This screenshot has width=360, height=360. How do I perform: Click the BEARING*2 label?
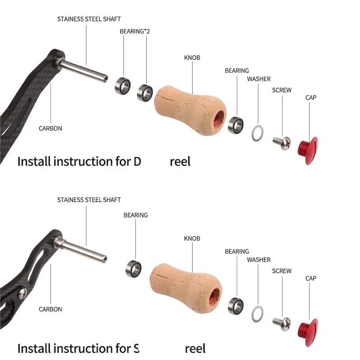pos(135,31)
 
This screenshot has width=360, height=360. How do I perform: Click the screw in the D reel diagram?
pos(282,143)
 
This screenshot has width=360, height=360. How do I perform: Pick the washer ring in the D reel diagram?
pos(256,133)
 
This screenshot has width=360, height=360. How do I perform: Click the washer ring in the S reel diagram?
pos(257,314)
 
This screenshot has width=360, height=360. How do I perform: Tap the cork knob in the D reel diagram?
pos(189,110)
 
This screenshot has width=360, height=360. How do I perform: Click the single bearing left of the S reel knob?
pos(134,268)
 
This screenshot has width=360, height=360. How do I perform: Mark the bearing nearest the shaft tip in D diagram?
pos(123,84)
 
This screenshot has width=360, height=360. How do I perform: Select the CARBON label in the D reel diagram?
pos(50,128)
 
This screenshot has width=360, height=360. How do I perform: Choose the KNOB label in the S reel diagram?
pos(192,238)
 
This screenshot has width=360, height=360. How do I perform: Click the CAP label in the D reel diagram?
pos(310,98)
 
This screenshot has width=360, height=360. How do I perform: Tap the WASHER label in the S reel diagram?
pos(259,260)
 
